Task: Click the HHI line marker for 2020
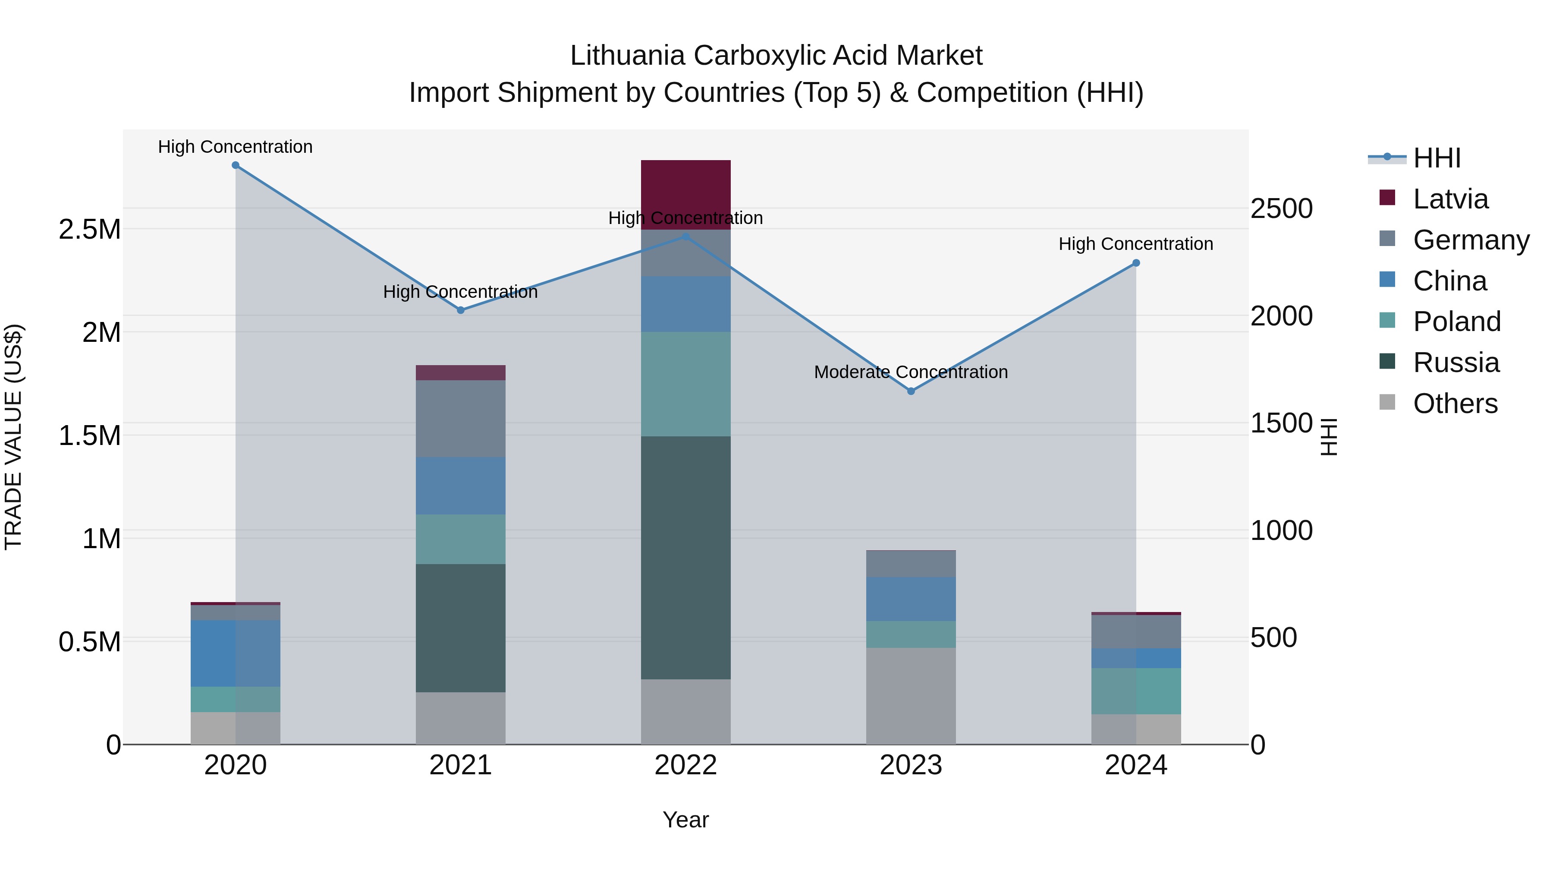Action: coord(235,165)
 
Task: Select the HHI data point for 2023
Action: coord(911,391)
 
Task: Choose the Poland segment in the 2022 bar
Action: coord(685,384)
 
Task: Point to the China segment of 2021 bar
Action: coord(461,486)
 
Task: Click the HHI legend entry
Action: coord(1437,158)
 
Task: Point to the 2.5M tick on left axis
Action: coord(89,230)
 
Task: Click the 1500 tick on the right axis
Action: coord(1281,423)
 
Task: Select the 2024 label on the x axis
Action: coord(1136,765)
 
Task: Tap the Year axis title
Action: coord(685,820)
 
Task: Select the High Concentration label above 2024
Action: coord(1136,244)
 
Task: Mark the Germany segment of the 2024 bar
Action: coord(1136,631)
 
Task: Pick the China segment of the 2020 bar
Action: coord(235,653)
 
